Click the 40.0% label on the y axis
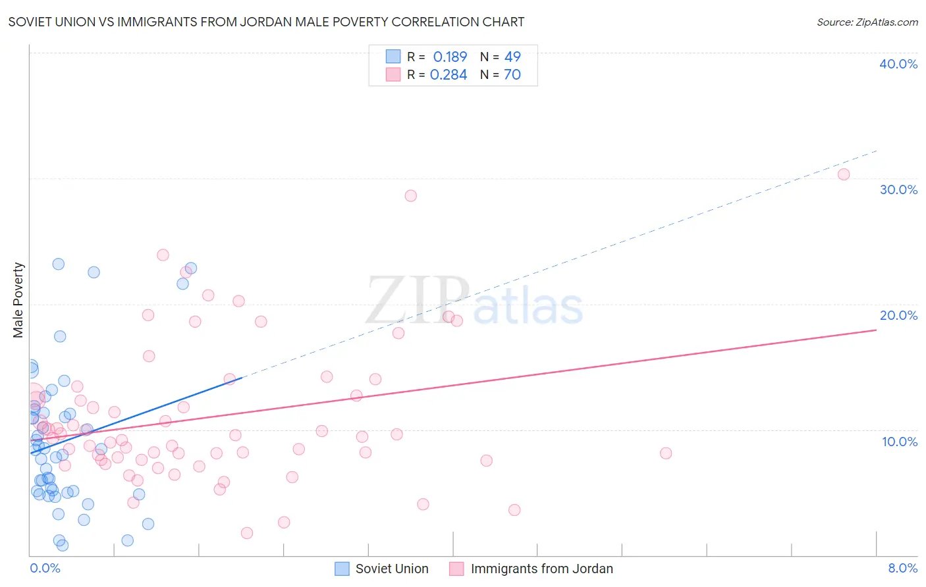click(x=898, y=64)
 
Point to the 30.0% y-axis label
click(x=898, y=190)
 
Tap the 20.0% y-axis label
click(x=898, y=315)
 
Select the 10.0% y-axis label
click(x=899, y=442)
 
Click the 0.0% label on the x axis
click(x=45, y=568)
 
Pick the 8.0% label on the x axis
click(x=902, y=568)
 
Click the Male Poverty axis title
click(x=18, y=300)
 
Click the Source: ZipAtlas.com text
click(x=867, y=22)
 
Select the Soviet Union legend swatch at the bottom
click(x=342, y=569)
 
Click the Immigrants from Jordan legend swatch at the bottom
click(x=457, y=569)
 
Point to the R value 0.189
click(x=450, y=57)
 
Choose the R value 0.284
click(x=449, y=74)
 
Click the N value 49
click(x=512, y=57)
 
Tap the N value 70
click(x=512, y=74)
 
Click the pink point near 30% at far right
click(x=844, y=174)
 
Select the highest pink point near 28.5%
click(x=411, y=195)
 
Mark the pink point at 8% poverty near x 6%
click(x=666, y=453)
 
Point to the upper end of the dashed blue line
click(x=877, y=151)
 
